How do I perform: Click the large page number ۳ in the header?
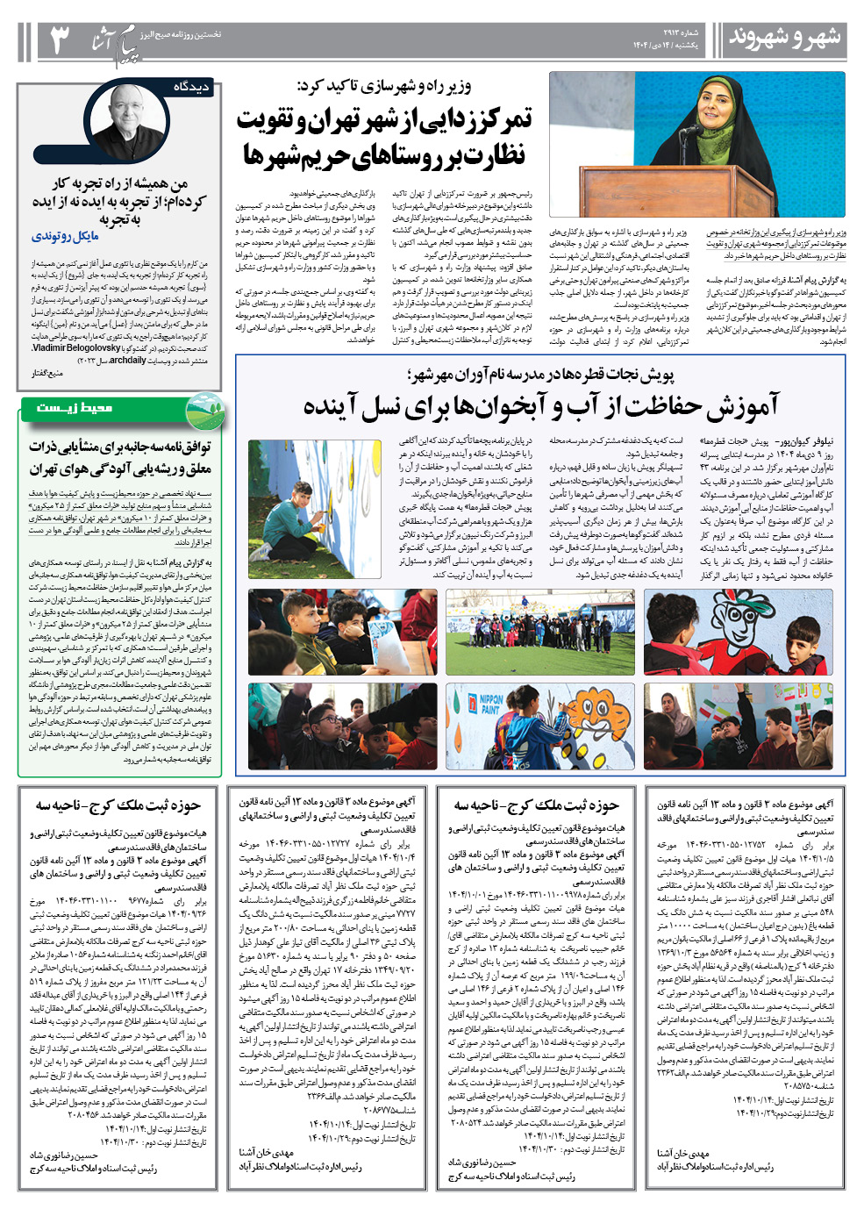(x=58, y=40)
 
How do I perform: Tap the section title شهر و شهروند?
(x=784, y=38)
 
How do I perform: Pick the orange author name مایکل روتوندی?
(x=66, y=236)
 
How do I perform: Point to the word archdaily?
(x=128, y=360)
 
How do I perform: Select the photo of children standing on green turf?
(x=540, y=632)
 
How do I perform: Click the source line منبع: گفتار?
(x=46, y=374)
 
